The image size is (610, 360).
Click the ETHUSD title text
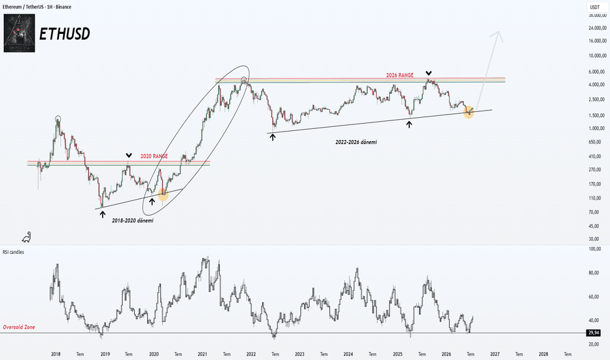click(65, 34)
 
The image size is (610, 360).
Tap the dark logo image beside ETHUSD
click(20, 33)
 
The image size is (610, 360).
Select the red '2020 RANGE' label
click(154, 156)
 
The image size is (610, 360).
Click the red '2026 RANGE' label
click(399, 75)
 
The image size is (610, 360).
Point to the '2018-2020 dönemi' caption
click(133, 221)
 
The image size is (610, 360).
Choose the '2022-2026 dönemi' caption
click(356, 143)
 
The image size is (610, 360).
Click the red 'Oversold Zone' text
click(19, 327)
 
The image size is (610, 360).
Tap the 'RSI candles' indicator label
click(13, 252)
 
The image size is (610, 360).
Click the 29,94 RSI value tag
click(593, 333)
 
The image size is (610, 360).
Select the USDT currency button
click(594, 7)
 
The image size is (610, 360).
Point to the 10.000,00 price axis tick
click(597, 56)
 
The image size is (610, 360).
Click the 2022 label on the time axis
click(251, 354)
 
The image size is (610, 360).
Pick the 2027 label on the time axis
click(495, 354)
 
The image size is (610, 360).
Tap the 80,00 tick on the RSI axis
click(595, 273)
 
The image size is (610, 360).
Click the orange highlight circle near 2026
click(469, 112)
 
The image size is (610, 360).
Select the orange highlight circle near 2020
click(163, 194)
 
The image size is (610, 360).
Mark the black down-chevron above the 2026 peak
click(428, 73)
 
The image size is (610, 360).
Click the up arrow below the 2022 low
click(273, 137)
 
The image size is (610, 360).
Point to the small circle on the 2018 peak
click(58, 118)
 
